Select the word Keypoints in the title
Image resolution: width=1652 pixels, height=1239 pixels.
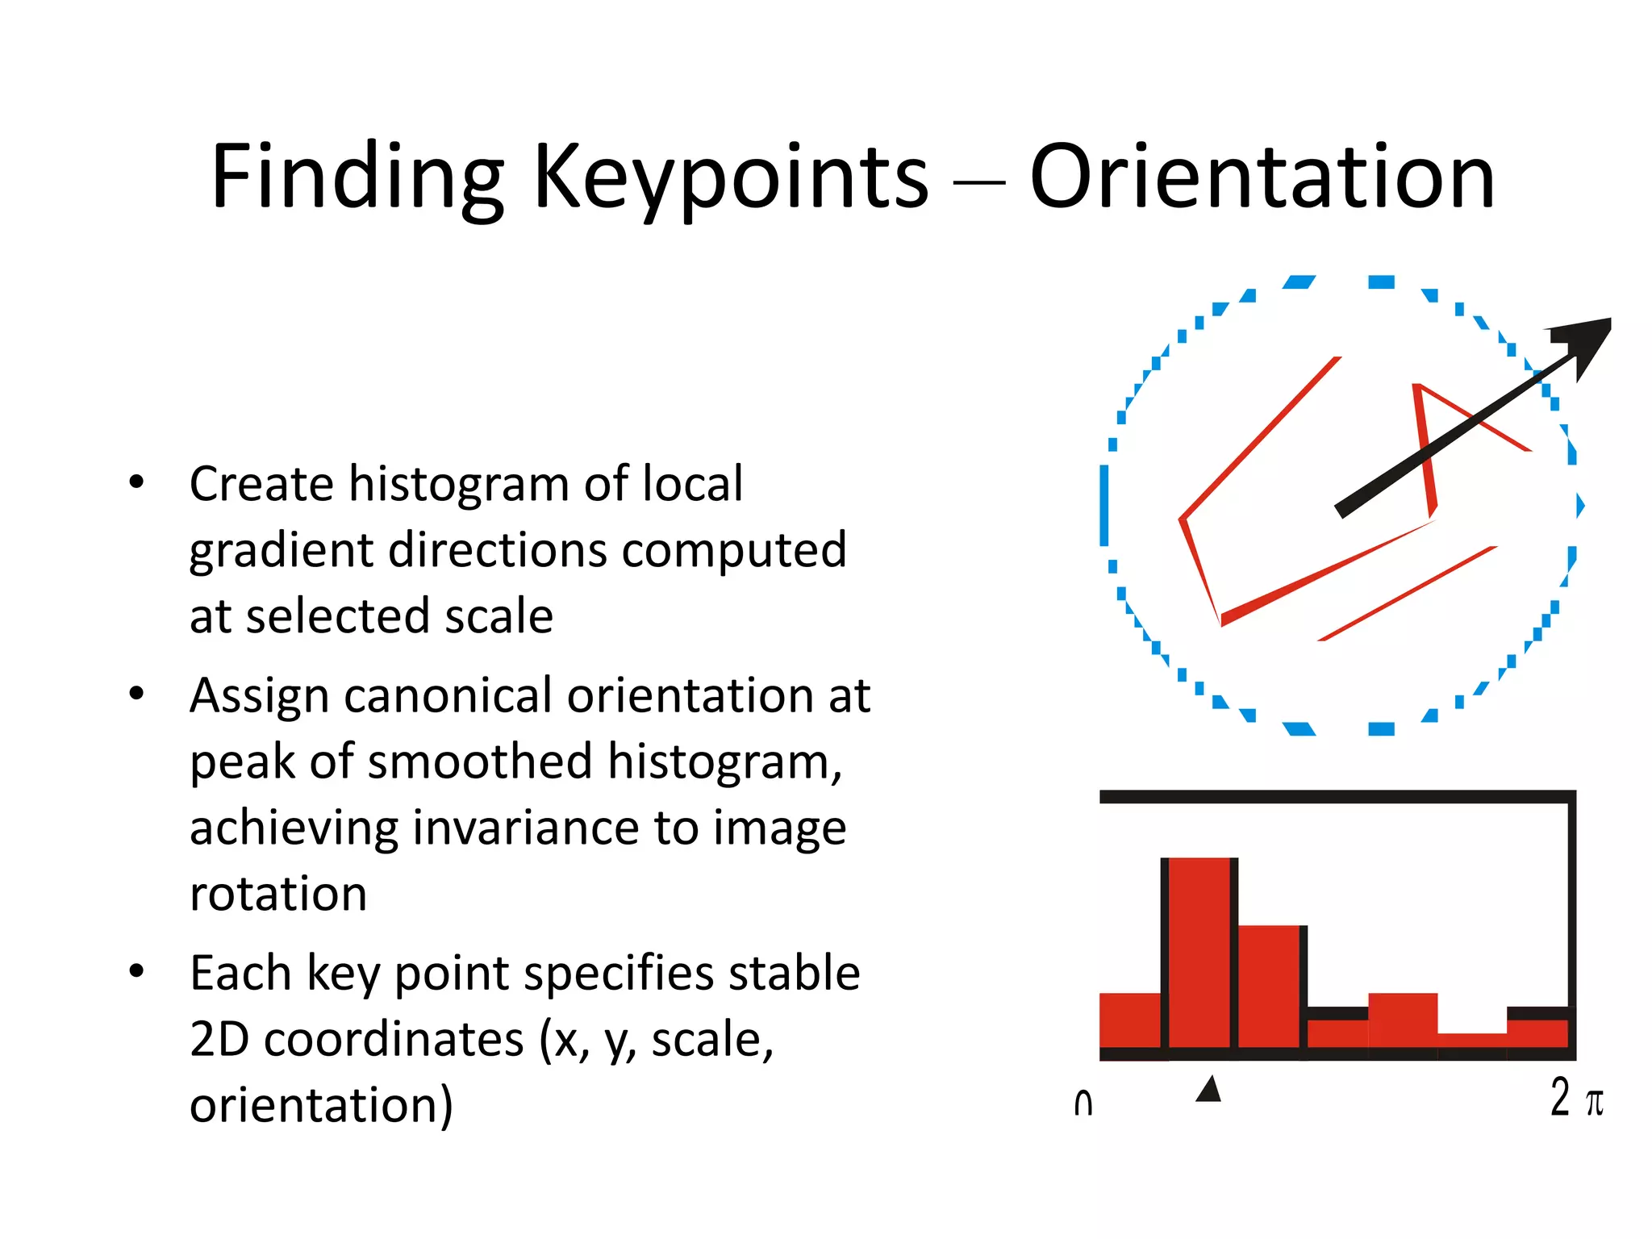coord(731,177)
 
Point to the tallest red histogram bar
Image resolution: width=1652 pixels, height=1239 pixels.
coord(1199,952)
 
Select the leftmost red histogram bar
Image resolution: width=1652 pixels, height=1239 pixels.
coord(1130,1020)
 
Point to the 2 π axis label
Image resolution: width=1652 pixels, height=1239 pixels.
coord(1576,1099)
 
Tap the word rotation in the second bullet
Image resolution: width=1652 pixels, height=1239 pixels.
coord(278,894)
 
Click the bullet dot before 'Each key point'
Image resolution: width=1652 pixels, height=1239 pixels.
coord(136,970)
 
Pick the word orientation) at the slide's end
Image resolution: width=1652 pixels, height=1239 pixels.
coord(321,1105)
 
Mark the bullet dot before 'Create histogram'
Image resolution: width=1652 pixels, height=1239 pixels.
coord(136,482)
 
